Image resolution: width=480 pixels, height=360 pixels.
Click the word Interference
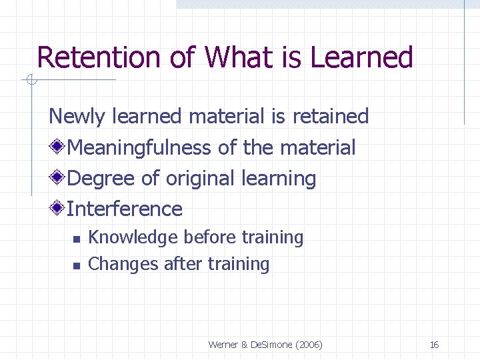click(125, 209)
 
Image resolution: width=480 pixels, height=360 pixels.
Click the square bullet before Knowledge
click(76, 239)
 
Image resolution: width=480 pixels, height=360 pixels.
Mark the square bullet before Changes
click(76, 265)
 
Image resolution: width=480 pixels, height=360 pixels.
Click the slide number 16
click(434, 345)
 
